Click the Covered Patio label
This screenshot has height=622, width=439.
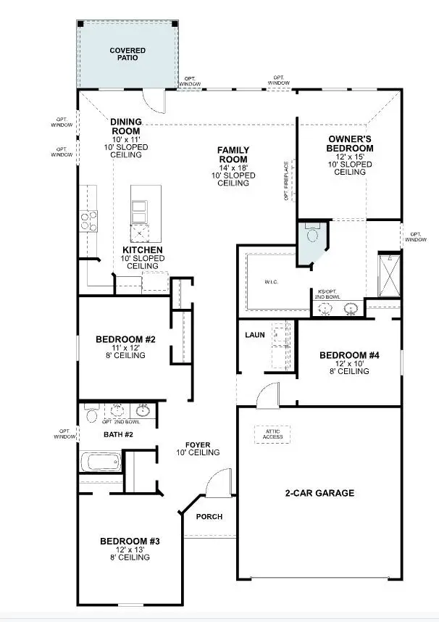click(127, 54)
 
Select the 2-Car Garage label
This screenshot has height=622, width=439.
click(319, 493)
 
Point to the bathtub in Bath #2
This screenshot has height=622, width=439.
click(99, 462)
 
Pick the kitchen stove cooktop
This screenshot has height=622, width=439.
click(88, 220)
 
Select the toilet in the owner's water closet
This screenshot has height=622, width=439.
click(313, 236)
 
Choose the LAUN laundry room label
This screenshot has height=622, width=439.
click(254, 335)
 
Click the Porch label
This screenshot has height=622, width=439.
click(209, 517)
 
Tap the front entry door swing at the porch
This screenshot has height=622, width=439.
click(214, 484)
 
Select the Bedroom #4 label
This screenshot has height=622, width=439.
click(350, 355)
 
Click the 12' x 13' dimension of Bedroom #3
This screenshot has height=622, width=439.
click(125, 550)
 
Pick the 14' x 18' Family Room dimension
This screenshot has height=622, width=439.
click(233, 167)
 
